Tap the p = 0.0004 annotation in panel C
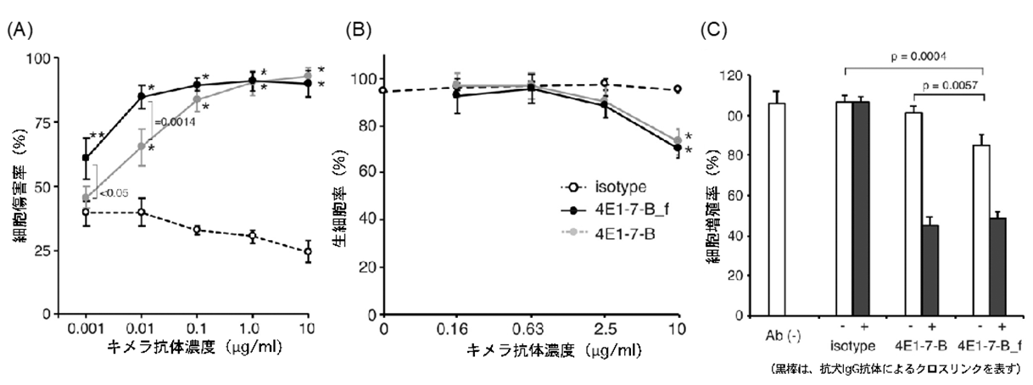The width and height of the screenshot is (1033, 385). pyautogui.click(x=918, y=57)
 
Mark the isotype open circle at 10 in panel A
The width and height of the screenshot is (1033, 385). pyautogui.click(x=308, y=252)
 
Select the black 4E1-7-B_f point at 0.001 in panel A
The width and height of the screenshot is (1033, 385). pyautogui.click(x=85, y=158)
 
